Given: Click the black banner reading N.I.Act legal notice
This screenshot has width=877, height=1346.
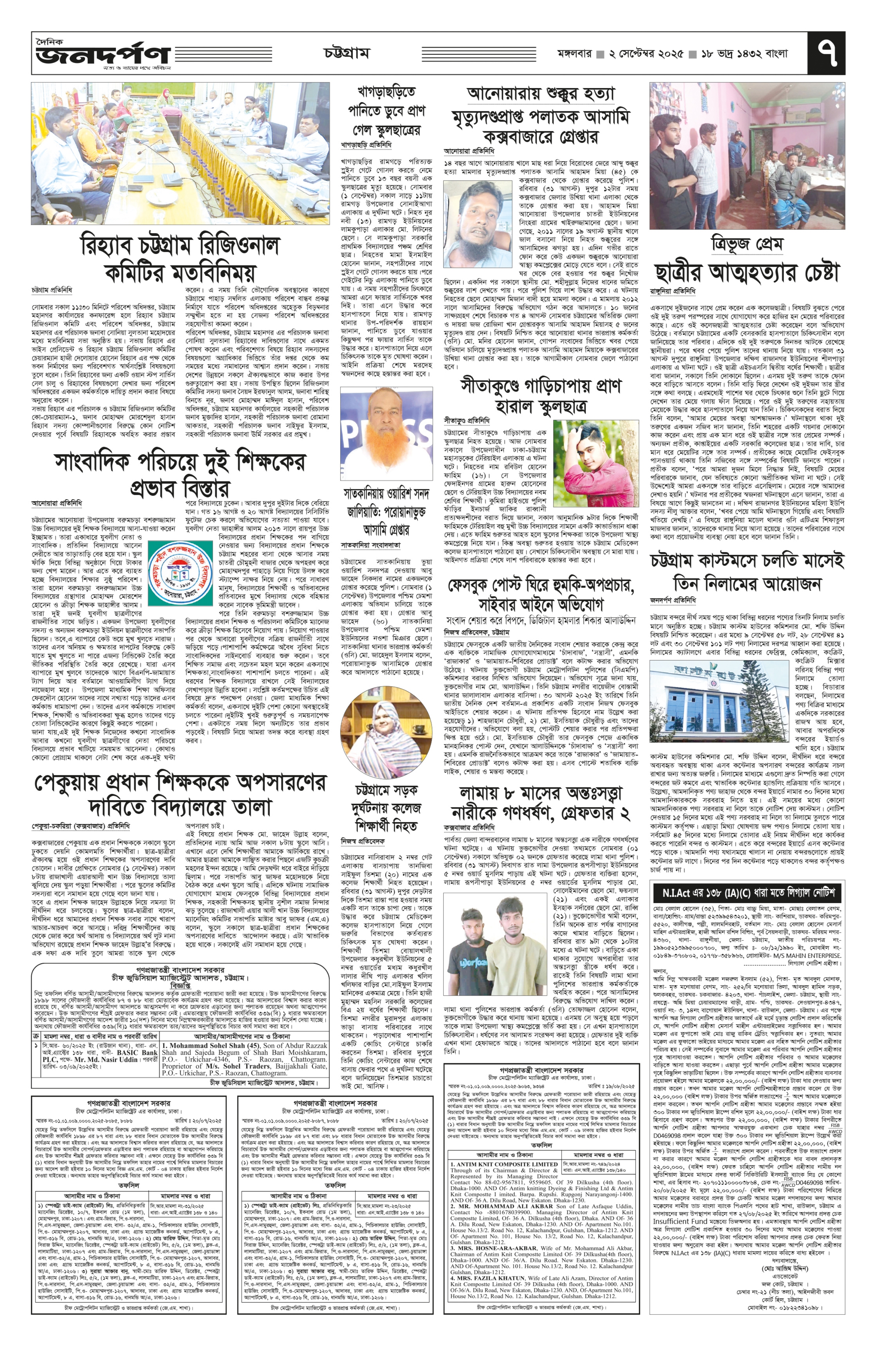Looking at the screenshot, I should (747, 893).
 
